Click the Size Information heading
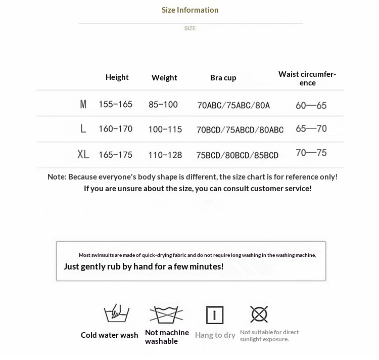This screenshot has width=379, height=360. click(x=190, y=10)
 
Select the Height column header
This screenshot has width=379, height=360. click(x=117, y=77)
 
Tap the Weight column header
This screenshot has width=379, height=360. click(x=164, y=78)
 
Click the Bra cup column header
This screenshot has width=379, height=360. click(x=223, y=78)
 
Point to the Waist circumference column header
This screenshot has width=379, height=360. click(x=307, y=78)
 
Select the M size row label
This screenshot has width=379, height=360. click(x=83, y=105)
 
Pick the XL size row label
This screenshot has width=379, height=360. click(x=83, y=155)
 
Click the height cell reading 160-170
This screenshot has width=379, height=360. click(x=116, y=129)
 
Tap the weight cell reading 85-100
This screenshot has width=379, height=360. click(x=163, y=105)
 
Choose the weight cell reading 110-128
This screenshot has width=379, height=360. click(x=165, y=155)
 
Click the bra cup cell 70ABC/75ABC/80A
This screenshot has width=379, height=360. click(x=233, y=106)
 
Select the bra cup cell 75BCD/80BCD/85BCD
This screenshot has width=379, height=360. click(x=237, y=155)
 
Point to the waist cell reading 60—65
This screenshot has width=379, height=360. click(x=311, y=106)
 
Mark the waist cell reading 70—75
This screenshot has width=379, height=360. click(x=311, y=153)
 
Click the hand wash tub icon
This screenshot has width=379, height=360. click(x=117, y=313)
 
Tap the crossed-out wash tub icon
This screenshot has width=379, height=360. click(x=166, y=314)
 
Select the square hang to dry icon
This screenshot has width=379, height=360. click(x=215, y=315)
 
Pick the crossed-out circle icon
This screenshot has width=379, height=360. click(x=259, y=314)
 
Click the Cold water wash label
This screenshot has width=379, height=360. click(x=109, y=335)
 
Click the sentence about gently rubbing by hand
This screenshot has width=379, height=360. click(x=144, y=266)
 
